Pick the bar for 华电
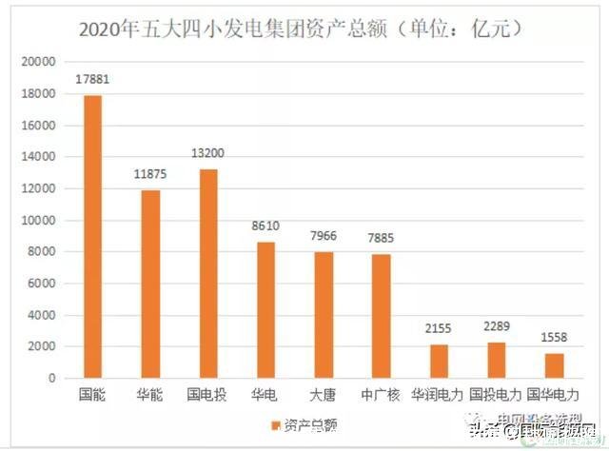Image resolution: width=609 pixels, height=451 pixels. [265, 309]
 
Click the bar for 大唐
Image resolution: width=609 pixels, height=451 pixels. [324, 315]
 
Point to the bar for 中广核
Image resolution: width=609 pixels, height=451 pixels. [381, 316]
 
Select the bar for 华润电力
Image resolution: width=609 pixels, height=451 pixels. [438, 361]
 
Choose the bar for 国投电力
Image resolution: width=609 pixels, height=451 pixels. [496, 360]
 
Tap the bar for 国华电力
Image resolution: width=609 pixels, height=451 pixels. [554, 365]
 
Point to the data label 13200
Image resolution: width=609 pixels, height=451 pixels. [208, 153]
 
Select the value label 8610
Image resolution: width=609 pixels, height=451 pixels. [265, 225]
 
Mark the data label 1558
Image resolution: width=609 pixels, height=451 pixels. [554, 337]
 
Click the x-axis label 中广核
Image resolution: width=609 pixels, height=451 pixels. [381, 393]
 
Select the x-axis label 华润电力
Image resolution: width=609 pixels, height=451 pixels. [438, 393]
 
